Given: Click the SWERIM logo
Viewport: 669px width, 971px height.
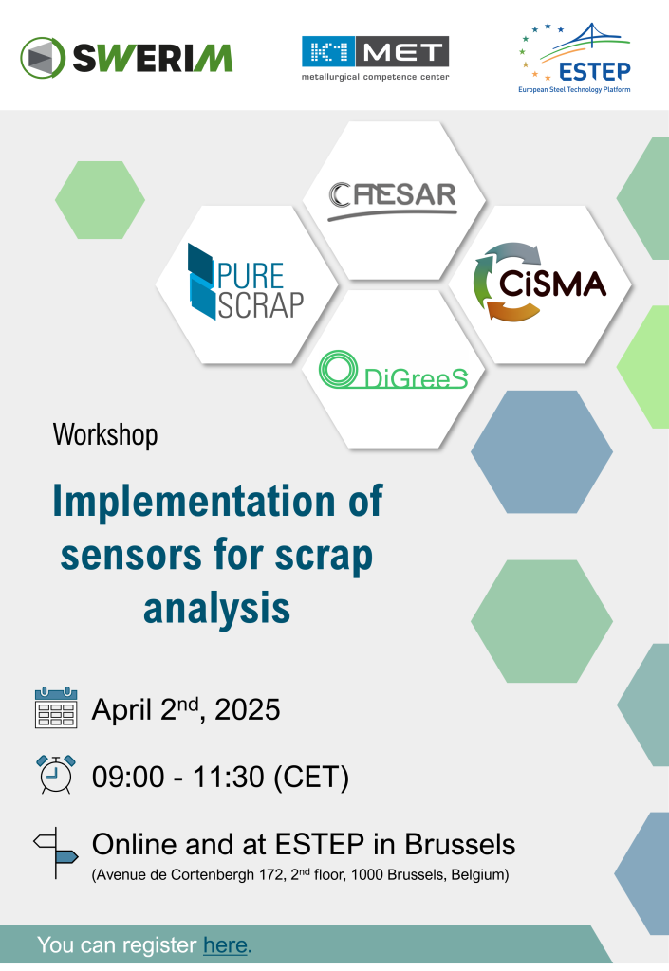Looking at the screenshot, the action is point(126,58).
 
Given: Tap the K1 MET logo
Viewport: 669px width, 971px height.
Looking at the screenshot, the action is point(376,59).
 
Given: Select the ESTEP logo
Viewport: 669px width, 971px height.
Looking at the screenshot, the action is point(575,58).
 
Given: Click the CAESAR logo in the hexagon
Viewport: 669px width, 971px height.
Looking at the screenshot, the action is point(393,201).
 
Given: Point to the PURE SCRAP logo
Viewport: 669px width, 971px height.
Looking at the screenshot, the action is point(246,282).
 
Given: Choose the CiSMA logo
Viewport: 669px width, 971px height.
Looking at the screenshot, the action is point(539,283).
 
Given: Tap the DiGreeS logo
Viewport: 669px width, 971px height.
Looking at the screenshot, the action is point(394,371).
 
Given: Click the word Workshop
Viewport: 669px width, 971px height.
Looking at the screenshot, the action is point(105,434).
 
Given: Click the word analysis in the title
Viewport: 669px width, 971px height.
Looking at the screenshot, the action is point(216,608).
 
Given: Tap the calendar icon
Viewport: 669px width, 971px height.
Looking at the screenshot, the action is point(56,707).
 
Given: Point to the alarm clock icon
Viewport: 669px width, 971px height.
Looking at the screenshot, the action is point(56,774).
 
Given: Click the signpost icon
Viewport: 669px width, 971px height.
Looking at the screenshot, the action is point(56,852).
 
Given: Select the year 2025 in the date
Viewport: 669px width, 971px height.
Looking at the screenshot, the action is point(247,709).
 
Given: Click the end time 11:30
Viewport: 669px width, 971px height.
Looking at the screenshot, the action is point(229,778).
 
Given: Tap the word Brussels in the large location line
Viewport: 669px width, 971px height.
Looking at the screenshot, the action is point(459,844).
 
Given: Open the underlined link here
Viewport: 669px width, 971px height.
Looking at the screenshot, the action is point(226,945).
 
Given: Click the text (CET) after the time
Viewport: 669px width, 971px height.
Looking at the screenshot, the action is point(311,778).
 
